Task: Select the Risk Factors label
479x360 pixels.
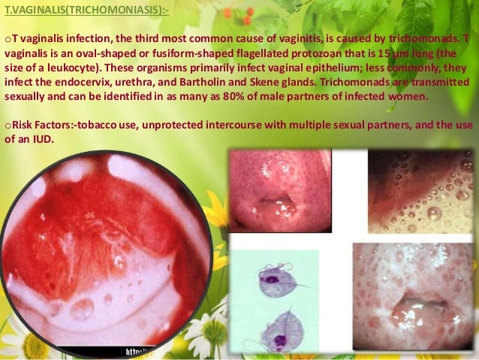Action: tap(37, 125)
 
